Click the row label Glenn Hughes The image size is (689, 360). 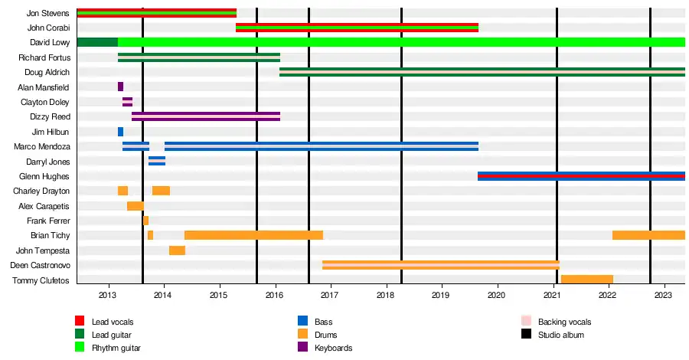pos(44,176)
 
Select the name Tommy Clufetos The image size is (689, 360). pos(41,280)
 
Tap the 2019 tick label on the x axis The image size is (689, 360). pos(441,295)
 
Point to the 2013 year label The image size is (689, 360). pos(107,295)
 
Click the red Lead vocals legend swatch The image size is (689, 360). pos(80,321)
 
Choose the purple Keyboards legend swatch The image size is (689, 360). pos(302,347)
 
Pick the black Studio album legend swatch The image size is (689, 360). pos(526,334)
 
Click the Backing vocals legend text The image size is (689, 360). pos(565,322)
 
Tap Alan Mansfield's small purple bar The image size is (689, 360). pos(120,87)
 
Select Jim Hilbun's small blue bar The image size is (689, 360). pos(120,132)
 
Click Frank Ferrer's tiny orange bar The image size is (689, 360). pos(146,221)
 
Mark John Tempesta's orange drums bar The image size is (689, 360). pos(177,250)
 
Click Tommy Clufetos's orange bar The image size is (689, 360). pos(587,279)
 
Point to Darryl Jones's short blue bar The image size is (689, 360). pos(157,161)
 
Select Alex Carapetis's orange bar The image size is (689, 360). pos(136,206)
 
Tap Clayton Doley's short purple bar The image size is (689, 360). pos(127,102)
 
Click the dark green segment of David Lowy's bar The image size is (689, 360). pos(97,42)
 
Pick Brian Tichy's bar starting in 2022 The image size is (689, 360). pos(648,235)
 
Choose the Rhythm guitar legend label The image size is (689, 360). pos(116,348)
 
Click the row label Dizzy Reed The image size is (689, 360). pos(50,116)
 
